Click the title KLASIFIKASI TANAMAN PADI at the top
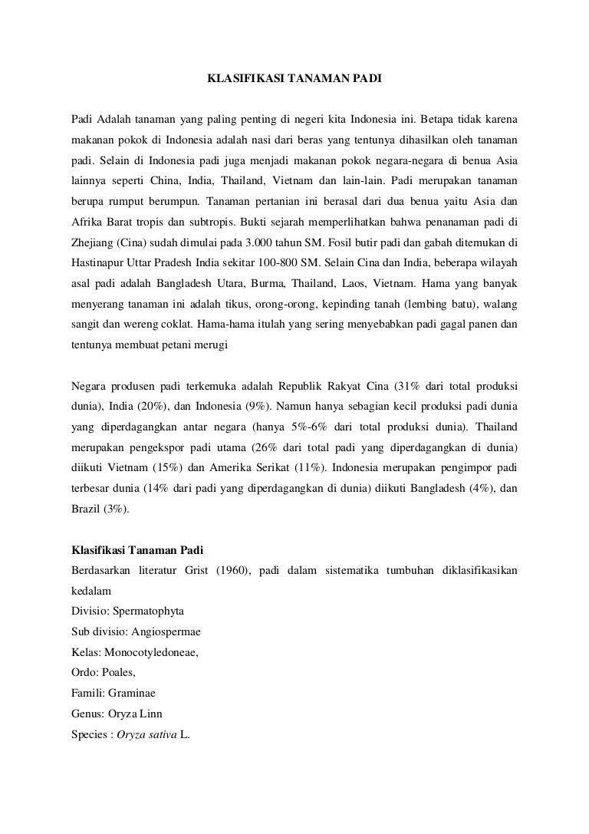point(294,78)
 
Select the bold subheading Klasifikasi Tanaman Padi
point(135,550)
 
